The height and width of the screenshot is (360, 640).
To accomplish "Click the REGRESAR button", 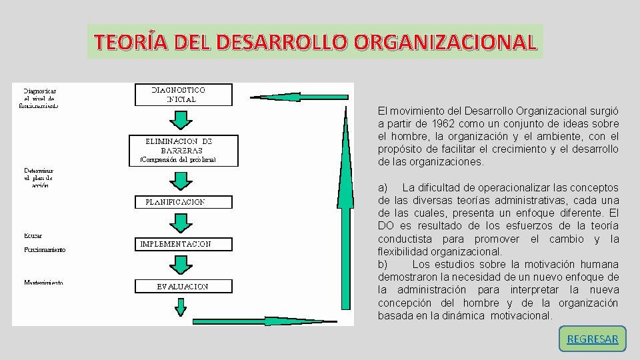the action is (x=592, y=339).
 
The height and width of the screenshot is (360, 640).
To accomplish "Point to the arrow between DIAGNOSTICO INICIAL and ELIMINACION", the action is (x=180, y=119).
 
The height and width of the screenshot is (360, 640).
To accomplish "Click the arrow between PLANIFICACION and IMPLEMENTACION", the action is (x=180, y=223).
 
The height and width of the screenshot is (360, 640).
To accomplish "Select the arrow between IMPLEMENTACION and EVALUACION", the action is (x=180, y=265).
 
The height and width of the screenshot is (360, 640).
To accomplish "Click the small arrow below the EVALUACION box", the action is (x=181, y=307).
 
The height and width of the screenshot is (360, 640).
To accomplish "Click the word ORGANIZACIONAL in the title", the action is (x=445, y=42).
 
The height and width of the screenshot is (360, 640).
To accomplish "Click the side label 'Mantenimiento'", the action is (x=43, y=283).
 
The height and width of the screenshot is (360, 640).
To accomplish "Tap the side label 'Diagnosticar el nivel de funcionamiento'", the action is (x=41, y=97).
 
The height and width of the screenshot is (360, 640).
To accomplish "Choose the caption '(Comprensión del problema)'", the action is (x=178, y=161).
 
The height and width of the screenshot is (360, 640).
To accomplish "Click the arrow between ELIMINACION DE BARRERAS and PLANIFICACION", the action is (x=180, y=180).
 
